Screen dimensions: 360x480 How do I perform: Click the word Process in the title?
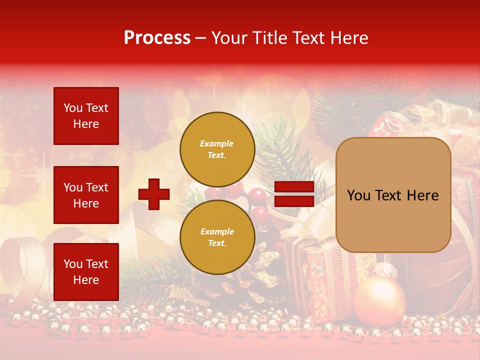(157, 38)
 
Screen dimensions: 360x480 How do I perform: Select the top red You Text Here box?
(86, 116)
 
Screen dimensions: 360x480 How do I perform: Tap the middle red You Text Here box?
(86, 195)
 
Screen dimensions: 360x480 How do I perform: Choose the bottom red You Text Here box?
(86, 271)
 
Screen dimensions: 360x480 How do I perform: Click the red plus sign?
(154, 194)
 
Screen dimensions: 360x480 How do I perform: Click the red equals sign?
(294, 194)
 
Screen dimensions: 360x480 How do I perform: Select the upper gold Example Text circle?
(217, 149)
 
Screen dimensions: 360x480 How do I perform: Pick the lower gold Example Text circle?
(217, 237)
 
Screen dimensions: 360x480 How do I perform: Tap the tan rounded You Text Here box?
(393, 195)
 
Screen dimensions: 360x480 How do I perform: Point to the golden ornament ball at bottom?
(379, 300)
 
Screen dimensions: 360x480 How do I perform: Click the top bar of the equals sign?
(294, 187)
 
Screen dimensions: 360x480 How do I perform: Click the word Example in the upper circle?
(217, 143)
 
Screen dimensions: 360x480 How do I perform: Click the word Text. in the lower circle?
(217, 243)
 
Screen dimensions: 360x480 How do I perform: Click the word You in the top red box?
(73, 108)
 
